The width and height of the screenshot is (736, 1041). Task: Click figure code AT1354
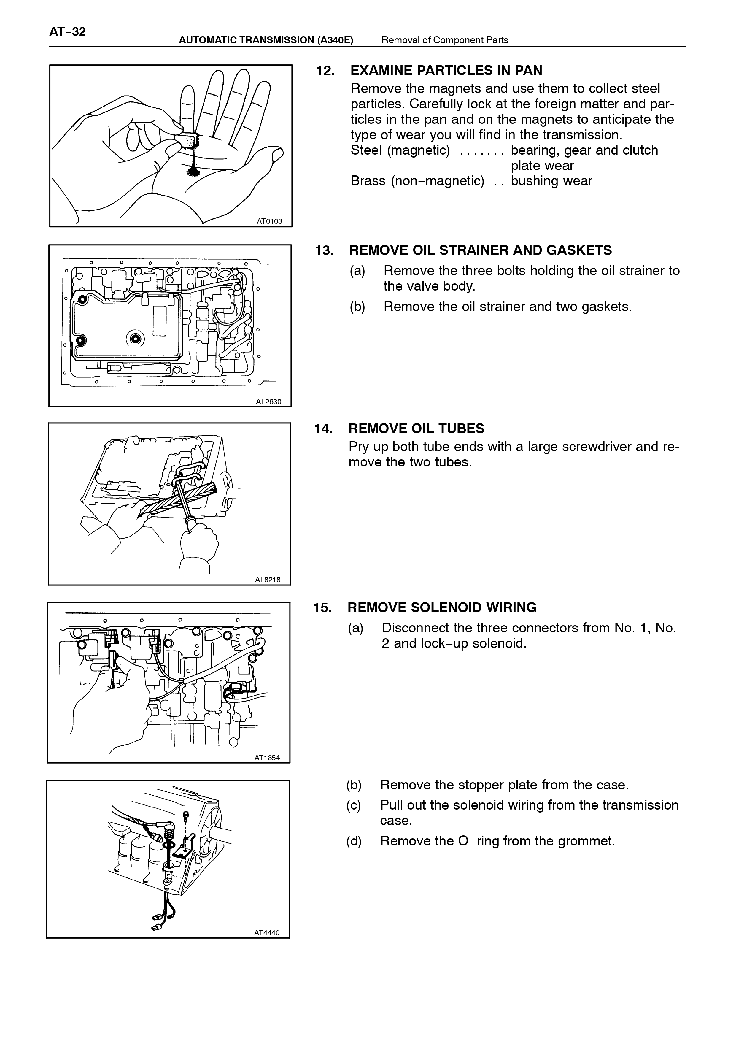[267, 758]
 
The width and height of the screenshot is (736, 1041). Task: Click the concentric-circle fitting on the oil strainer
[135, 339]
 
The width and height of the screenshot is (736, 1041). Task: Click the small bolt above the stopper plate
[185, 816]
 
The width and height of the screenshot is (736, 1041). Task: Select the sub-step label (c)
[354, 805]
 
